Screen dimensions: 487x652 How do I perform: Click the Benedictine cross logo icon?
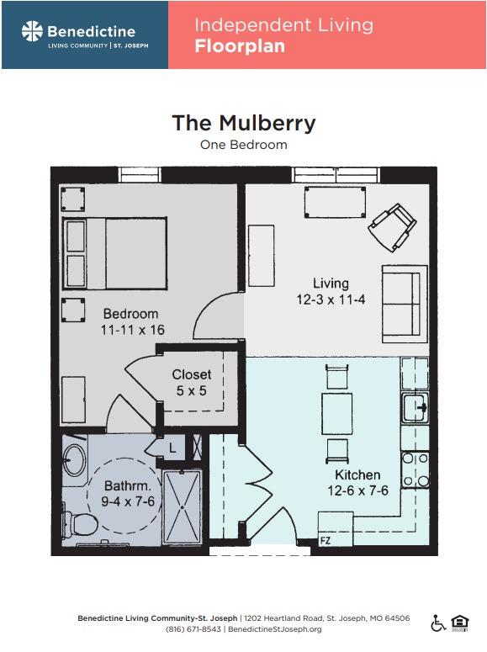tap(32, 31)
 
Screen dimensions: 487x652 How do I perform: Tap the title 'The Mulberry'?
tap(244, 124)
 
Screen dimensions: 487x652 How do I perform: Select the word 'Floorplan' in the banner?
tap(240, 46)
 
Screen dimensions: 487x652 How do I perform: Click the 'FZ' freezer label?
tap(326, 541)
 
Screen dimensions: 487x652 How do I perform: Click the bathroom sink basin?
tap(74, 460)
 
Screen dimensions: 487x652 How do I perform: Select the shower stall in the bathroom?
tap(183, 506)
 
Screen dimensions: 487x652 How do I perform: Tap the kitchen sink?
tap(415, 407)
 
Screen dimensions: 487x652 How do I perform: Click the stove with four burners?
tap(415, 469)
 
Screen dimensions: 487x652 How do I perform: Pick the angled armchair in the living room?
tap(392, 227)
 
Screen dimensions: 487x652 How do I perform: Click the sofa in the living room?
tap(405, 304)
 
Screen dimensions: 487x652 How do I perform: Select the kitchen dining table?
tap(337, 414)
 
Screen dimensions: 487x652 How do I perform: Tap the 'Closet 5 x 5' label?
tap(191, 383)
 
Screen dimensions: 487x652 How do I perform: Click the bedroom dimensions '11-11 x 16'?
tap(133, 330)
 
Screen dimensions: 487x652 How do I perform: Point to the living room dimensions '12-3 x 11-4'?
tap(331, 299)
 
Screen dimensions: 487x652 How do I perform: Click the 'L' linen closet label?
tap(172, 448)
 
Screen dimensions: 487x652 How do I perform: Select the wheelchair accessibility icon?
tap(438, 623)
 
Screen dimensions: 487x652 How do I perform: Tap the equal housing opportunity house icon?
tap(459, 623)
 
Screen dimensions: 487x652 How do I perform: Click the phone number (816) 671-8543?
tap(193, 629)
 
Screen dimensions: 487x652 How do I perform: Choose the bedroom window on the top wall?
tap(140, 175)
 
